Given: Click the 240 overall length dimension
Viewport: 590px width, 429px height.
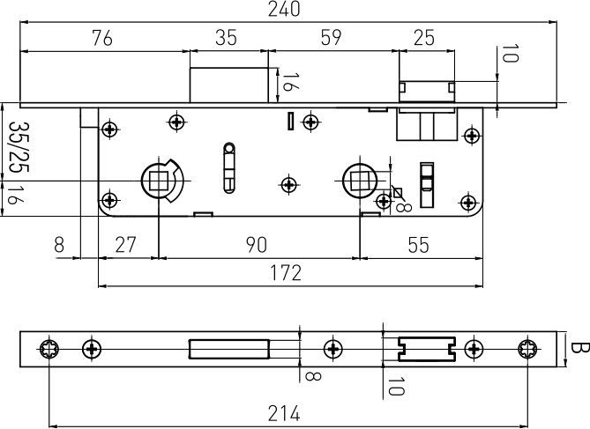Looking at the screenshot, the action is (284, 9).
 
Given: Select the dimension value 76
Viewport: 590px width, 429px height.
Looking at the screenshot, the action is (102, 38).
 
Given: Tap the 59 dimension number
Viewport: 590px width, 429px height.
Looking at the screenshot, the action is (331, 37).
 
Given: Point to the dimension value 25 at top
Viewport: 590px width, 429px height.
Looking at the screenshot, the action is (424, 37).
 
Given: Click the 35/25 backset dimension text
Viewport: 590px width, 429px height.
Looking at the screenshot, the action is (18, 146).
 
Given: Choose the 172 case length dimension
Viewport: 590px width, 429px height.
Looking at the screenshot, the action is (286, 273).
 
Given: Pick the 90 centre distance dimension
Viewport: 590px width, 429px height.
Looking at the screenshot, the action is (257, 245).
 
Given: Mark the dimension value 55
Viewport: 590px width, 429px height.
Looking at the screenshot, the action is (418, 245).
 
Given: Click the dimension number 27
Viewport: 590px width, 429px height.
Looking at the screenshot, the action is (125, 245).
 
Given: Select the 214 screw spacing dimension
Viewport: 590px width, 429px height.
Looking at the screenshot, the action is (284, 414).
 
